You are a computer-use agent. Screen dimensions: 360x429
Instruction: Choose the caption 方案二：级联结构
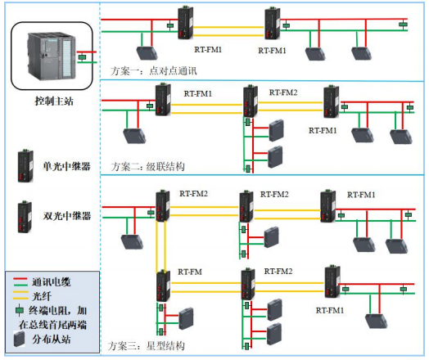tap(147, 166)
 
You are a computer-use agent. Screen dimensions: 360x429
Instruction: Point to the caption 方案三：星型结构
tap(147, 346)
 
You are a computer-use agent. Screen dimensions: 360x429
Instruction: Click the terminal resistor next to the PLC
tap(81, 57)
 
